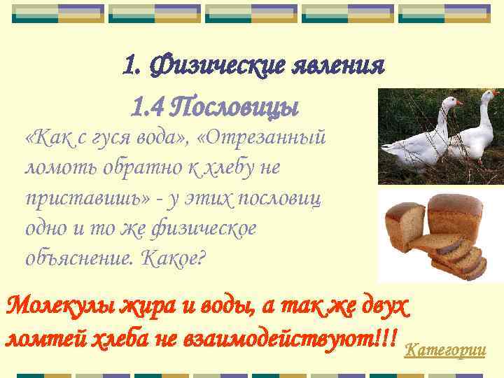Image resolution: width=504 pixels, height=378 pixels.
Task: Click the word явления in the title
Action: [343, 66]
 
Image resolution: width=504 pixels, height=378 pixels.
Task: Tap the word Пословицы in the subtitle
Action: [235, 108]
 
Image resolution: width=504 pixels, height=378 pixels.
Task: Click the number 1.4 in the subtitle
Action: [148, 108]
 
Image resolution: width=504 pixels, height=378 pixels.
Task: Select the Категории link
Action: [445, 349]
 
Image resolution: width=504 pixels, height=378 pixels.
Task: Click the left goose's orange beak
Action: [459, 102]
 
